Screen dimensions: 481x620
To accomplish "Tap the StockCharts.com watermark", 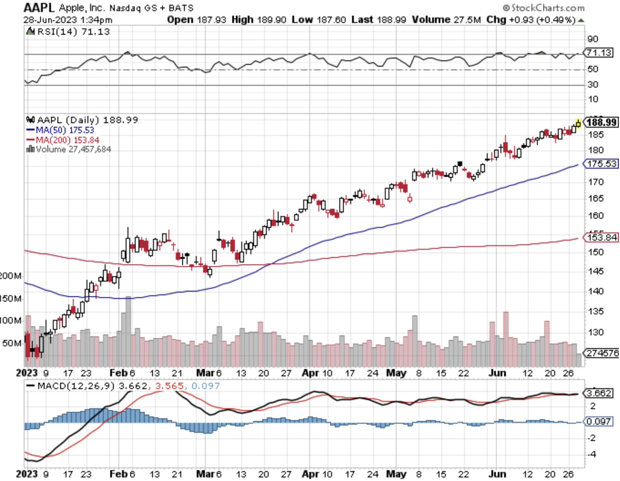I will tap(544, 8).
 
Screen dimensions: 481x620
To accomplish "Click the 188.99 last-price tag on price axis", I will tap(602, 122).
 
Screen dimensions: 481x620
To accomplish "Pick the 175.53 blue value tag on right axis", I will tap(602, 164).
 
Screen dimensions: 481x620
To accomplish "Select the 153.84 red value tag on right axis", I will tap(602, 238).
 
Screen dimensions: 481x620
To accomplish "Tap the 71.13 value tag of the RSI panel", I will tap(599, 52).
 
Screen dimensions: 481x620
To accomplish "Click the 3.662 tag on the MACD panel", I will tap(598, 393).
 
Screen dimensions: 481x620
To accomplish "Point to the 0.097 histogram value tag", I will tap(598, 421).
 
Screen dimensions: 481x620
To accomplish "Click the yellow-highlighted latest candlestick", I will tap(578, 124).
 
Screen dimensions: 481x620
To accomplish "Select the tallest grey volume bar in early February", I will tap(128, 330).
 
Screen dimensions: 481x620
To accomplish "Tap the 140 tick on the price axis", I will tap(595, 291).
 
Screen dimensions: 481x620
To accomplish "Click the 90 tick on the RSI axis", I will tap(593, 39).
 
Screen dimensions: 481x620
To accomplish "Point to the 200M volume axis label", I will tap(10, 276).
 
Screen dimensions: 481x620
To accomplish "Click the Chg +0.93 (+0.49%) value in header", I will tap(531, 20).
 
